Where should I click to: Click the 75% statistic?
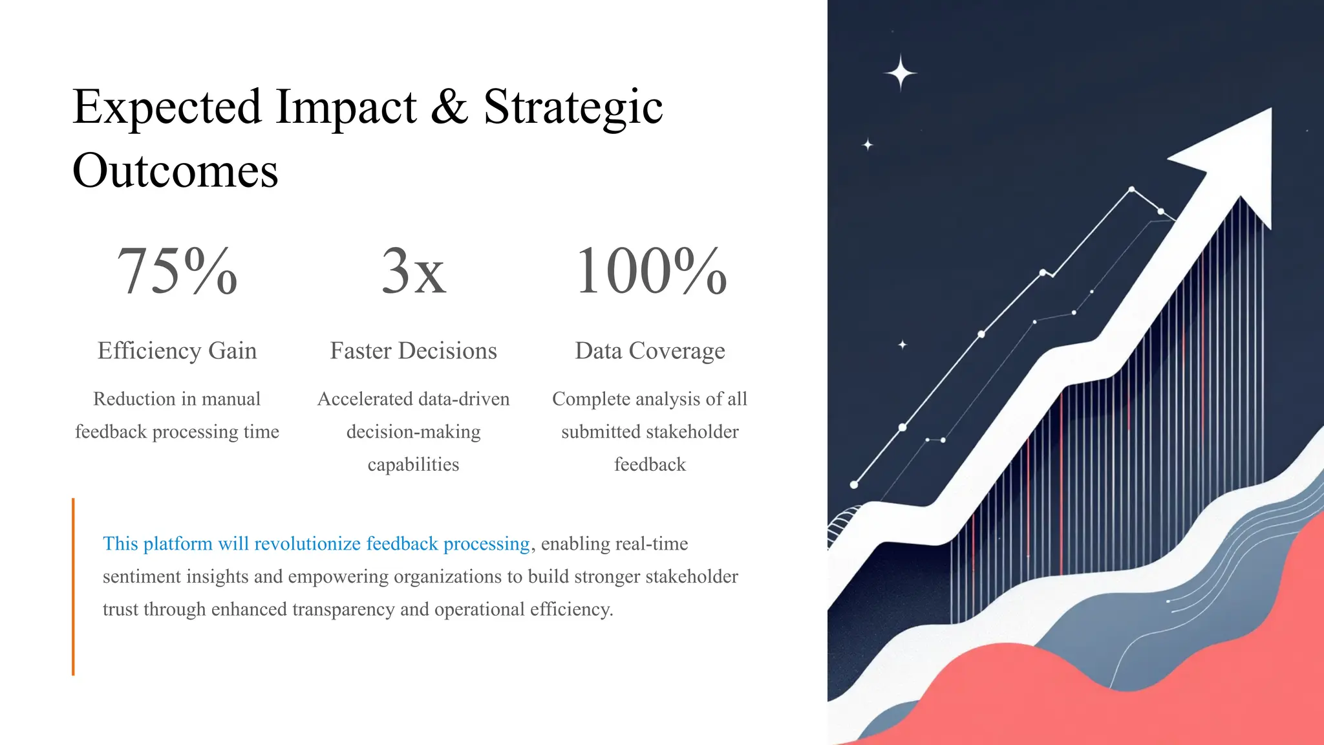click(177, 271)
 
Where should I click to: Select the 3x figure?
click(413, 271)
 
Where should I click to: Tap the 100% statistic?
click(650, 271)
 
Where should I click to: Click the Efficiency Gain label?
click(177, 351)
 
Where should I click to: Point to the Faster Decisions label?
click(413, 351)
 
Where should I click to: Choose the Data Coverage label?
click(650, 351)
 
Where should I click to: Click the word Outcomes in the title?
click(175, 171)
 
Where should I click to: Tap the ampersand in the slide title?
click(449, 107)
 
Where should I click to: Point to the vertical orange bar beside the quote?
click(73, 587)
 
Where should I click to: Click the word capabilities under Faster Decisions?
click(413, 464)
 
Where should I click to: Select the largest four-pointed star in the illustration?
click(900, 72)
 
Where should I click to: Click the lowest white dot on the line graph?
click(854, 484)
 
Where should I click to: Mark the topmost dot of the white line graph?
click(1131, 189)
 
